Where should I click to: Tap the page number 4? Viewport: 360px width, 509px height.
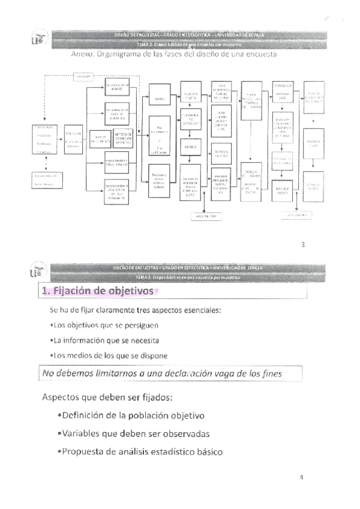(x=302, y=478)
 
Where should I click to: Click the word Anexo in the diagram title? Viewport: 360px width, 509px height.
(x=84, y=54)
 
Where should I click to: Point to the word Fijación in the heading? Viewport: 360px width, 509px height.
(x=74, y=291)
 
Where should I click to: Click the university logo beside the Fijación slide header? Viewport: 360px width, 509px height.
(x=35, y=272)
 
